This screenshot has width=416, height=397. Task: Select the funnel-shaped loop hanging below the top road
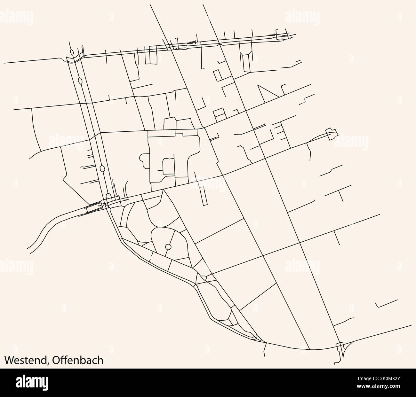tap(246, 61)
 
